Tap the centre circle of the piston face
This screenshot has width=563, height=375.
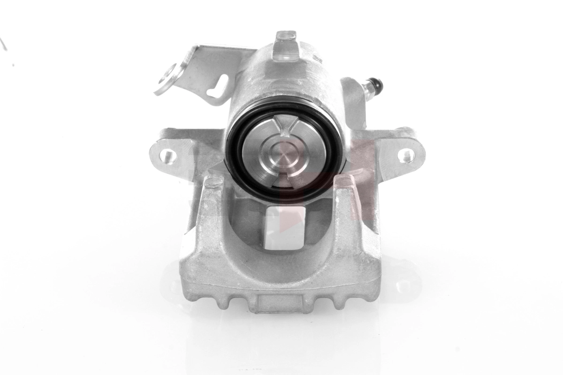(x=285, y=151)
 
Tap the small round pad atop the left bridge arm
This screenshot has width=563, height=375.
(x=214, y=181)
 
